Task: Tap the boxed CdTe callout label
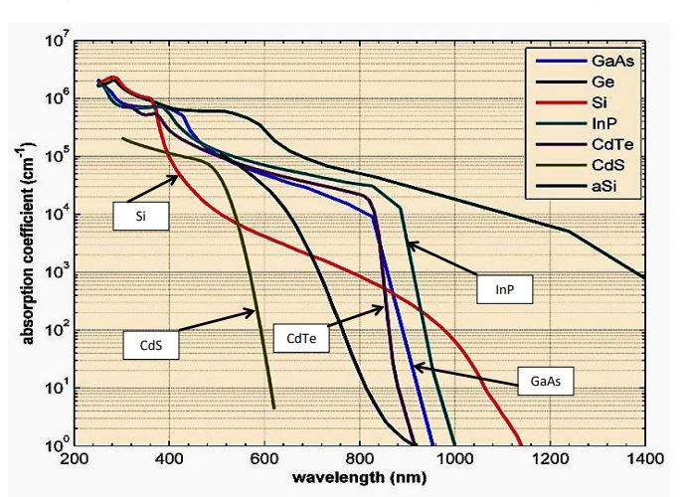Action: click(301, 339)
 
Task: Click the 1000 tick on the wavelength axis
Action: click(454, 459)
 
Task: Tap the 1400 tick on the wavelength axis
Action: click(644, 459)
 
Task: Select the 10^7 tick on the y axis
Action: click(54, 45)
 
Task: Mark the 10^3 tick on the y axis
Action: click(54, 273)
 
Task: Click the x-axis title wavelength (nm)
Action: click(358, 477)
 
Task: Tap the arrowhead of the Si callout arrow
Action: click(180, 176)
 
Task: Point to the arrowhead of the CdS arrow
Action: click(256, 312)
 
